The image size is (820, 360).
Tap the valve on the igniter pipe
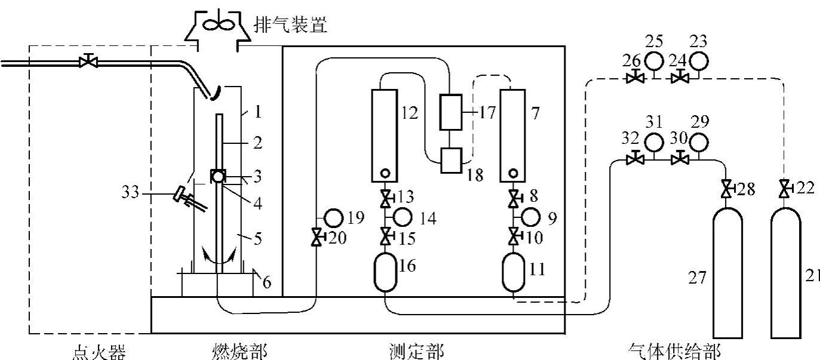pos(88,61)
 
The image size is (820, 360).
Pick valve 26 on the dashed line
pos(634,78)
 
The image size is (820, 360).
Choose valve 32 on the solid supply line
pos(634,159)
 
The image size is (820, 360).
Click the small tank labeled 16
pos(386,272)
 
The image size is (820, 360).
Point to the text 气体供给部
pos(674,352)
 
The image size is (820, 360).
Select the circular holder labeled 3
pos(218,177)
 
